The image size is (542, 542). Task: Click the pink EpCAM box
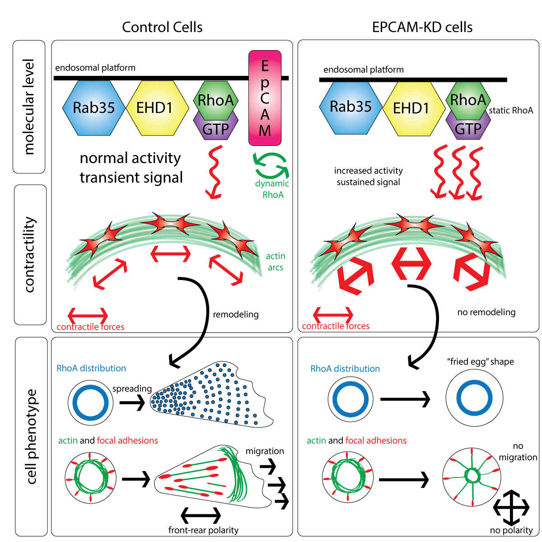265,98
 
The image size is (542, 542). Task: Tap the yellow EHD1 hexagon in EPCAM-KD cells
411,108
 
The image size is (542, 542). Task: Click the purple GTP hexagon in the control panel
215,129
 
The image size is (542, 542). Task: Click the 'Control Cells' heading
162,27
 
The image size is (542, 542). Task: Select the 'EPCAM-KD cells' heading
422,27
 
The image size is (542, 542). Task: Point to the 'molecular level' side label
29,107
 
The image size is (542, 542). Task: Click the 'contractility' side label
30,255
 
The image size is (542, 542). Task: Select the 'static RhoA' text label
511,110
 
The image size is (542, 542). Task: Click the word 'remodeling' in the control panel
235,314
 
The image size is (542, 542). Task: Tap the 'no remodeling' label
486,312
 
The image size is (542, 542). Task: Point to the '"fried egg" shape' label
480,362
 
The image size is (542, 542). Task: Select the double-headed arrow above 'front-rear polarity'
201,514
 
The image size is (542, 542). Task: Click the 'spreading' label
131,388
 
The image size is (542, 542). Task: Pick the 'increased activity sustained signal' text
368,177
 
